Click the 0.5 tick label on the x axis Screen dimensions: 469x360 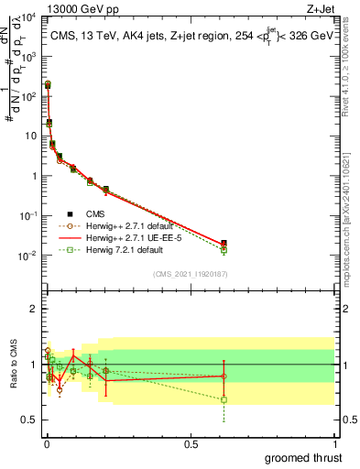point(191,442)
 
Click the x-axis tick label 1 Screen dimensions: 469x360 point(334,442)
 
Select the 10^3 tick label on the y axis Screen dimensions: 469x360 point(27,57)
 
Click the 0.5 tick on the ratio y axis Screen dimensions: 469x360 point(30,420)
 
